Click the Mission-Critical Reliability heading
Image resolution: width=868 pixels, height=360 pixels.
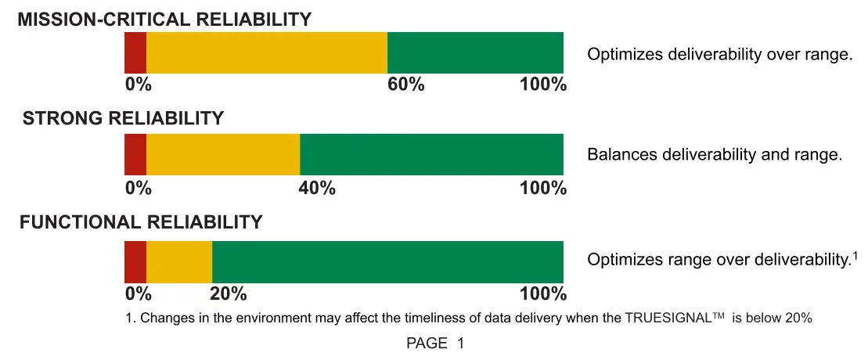(164, 19)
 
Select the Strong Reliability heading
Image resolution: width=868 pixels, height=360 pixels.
(123, 118)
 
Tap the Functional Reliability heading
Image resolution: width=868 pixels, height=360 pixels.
(141, 222)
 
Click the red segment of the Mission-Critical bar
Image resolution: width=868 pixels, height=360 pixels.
(135, 52)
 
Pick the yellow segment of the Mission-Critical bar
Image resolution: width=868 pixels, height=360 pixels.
(266, 52)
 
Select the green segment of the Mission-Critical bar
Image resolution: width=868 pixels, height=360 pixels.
(475, 52)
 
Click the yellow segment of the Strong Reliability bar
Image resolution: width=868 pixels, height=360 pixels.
(223, 154)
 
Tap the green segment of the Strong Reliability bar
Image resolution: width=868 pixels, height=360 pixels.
(431, 154)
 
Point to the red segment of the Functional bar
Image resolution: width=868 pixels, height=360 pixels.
(135, 262)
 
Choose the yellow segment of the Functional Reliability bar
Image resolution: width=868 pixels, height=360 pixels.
(179, 262)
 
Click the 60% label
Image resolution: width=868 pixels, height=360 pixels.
(406, 85)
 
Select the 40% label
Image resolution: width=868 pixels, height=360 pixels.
(317, 188)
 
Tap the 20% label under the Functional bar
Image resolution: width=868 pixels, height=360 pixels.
(229, 294)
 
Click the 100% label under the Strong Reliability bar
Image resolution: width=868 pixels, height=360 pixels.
(542, 188)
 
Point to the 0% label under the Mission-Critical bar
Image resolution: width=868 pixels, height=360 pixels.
(138, 85)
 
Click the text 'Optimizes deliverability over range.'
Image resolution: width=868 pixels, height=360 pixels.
(719, 54)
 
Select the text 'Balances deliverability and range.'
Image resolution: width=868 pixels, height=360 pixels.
(714, 154)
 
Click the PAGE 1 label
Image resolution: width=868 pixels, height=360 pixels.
(434, 343)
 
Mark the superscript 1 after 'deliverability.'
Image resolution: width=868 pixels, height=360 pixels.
(855, 254)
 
